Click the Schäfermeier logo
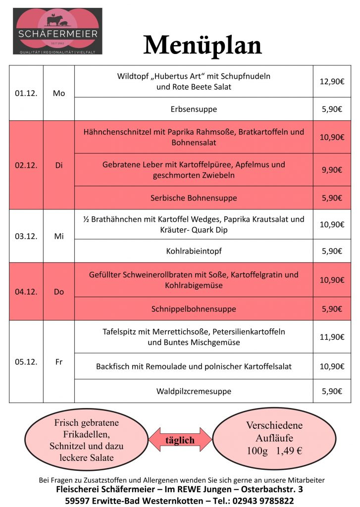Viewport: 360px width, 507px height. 57,31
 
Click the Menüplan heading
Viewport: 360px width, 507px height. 202,46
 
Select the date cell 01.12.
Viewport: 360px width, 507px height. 26,93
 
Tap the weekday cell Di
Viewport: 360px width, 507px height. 58,165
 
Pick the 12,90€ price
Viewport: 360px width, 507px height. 332,81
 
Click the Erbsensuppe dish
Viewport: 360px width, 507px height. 194,109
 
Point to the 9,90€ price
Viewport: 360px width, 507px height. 332,170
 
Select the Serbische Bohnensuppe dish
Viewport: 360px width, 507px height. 194,198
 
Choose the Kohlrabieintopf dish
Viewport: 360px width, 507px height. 194,251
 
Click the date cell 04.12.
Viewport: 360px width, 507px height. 26,292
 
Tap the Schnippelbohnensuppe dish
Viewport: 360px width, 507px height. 194,309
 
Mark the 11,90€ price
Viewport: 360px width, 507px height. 332,337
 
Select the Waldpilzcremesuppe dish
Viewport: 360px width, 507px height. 194,391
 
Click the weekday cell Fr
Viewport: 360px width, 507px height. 58,362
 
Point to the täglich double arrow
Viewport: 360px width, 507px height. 180,440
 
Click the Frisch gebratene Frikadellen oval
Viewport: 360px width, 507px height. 86,440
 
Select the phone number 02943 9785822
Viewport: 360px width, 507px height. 261,501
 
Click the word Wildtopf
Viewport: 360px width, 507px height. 132,76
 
